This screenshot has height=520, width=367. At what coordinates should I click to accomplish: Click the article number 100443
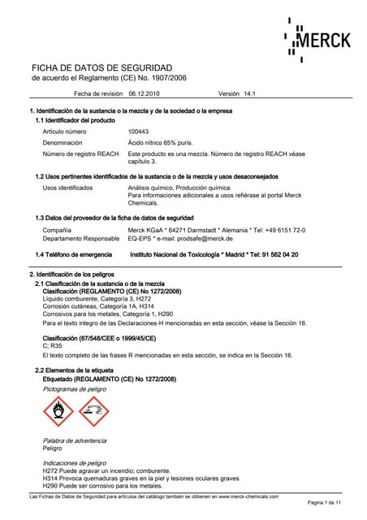click(x=139, y=131)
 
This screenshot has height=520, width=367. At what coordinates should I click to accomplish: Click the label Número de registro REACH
click(x=80, y=154)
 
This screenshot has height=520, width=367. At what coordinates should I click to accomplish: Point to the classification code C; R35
click(x=55, y=346)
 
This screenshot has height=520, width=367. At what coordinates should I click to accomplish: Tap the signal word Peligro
click(x=52, y=448)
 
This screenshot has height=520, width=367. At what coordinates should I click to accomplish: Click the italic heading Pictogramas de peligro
click(x=75, y=389)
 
